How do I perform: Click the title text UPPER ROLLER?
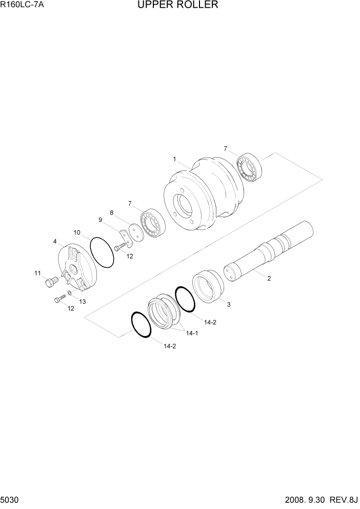[x=177, y=5]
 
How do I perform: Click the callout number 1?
[x=174, y=159]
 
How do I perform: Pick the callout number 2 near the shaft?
[x=269, y=279]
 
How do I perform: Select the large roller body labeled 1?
[x=203, y=198]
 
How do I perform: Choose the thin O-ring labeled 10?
[x=102, y=252]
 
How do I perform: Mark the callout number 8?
[x=111, y=212]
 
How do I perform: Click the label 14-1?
[x=192, y=333]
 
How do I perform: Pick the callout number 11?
[x=37, y=273]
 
